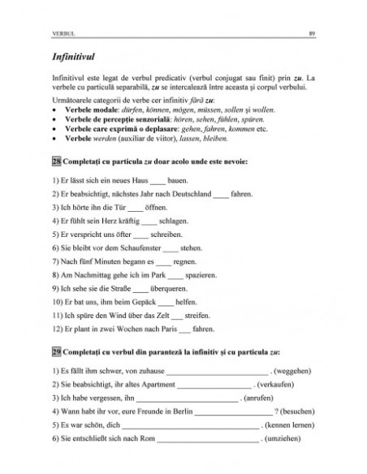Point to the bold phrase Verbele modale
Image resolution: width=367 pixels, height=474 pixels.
[84, 118]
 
